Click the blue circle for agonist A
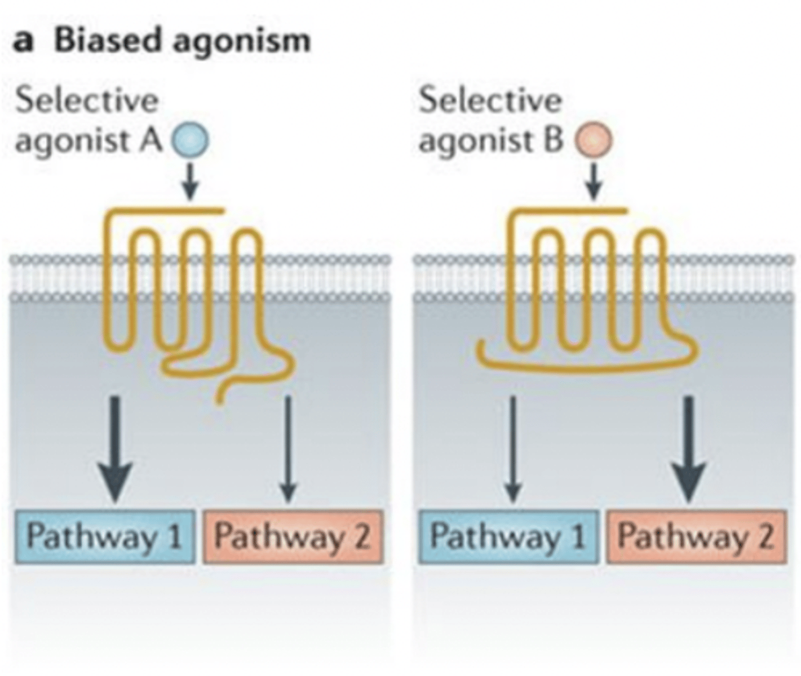click(x=190, y=140)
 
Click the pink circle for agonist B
click(x=593, y=140)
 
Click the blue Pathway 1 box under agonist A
click(x=105, y=536)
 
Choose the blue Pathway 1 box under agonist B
click(x=508, y=536)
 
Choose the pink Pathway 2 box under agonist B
click(x=696, y=536)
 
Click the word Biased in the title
click(x=107, y=41)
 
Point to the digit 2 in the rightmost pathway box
click(x=764, y=536)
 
